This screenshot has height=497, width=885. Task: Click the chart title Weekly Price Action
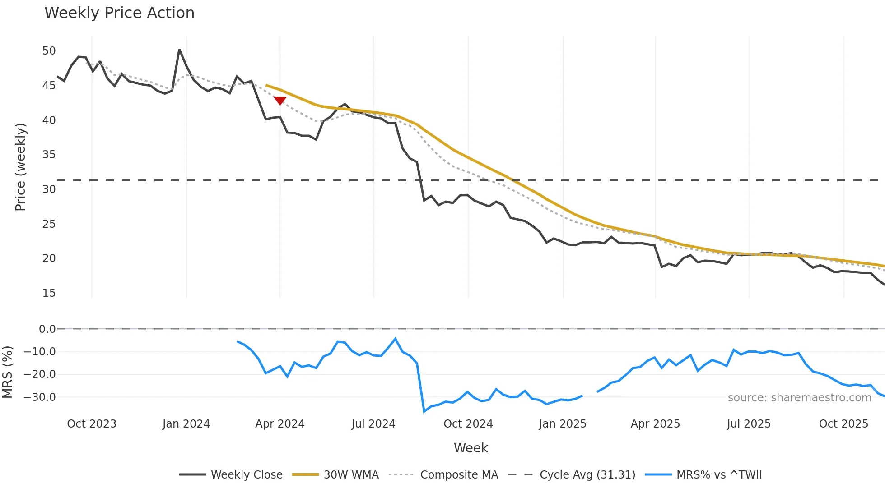tap(119, 13)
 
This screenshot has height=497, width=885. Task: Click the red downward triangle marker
tap(280, 101)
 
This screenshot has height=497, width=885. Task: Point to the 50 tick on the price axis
tap(49, 51)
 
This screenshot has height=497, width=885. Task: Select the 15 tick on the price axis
tap(49, 293)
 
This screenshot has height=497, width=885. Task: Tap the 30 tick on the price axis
tap(49, 189)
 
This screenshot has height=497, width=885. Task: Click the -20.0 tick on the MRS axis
tap(40, 374)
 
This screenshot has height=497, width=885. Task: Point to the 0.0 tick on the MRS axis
tap(47, 329)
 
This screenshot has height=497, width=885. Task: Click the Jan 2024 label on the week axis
tap(186, 424)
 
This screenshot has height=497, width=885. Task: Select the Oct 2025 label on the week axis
tap(843, 424)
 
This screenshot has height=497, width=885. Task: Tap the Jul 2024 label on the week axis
tap(373, 424)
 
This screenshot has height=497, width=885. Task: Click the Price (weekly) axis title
tap(20, 167)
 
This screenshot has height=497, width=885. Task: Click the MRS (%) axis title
tap(7, 372)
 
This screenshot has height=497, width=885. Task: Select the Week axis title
tap(470, 448)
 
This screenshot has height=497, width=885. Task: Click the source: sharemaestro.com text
tap(799, 398)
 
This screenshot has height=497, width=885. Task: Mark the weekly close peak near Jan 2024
tap(179, 50)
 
